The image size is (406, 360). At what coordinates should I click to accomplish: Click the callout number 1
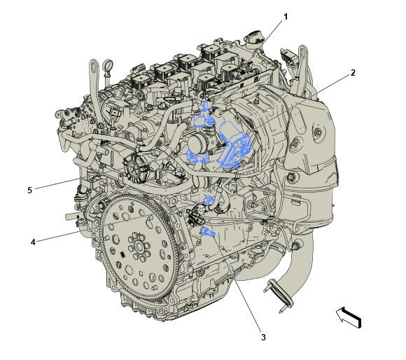[x=286, y=17]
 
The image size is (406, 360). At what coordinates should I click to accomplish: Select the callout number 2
[x=353, y=73]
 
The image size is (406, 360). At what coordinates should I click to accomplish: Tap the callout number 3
[x=263, y=338]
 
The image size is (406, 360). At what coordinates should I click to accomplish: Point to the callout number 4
[x=33, y=242]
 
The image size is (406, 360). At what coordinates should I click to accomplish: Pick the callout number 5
[x=30, y=191]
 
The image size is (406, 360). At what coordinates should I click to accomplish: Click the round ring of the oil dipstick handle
[x=108, y=64]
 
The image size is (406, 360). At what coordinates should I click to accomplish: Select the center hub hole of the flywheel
[x=139, y=247]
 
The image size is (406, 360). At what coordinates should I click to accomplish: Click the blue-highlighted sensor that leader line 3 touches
[x=208, y=232]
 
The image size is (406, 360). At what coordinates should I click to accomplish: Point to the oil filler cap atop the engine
[x=253, y=39]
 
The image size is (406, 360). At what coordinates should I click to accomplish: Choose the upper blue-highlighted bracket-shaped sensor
[x=204, y=116]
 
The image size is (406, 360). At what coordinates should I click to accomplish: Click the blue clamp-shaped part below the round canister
[x=197, y=157]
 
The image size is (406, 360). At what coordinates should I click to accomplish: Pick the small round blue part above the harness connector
[x=208, y=200]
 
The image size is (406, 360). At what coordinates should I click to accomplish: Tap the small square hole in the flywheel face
[x=141, y=273]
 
